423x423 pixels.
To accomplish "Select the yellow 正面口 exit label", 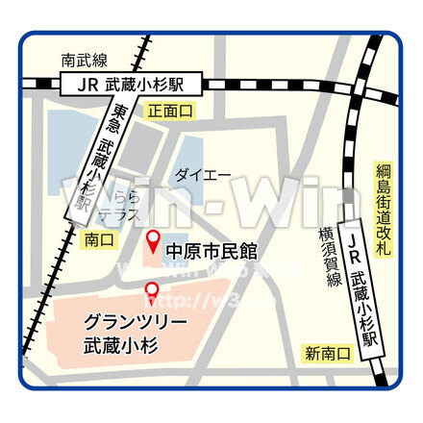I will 170,112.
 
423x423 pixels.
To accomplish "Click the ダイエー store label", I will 202,175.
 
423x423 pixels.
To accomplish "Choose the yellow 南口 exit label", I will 99,236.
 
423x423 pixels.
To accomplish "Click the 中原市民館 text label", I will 212,251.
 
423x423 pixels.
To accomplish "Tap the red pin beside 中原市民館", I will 151,240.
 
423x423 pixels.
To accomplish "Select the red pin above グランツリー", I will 151,289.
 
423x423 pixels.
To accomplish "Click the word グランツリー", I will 135,320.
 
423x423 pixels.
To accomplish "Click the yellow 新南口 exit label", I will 327,355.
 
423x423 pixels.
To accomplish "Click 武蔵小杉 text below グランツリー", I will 120,344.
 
